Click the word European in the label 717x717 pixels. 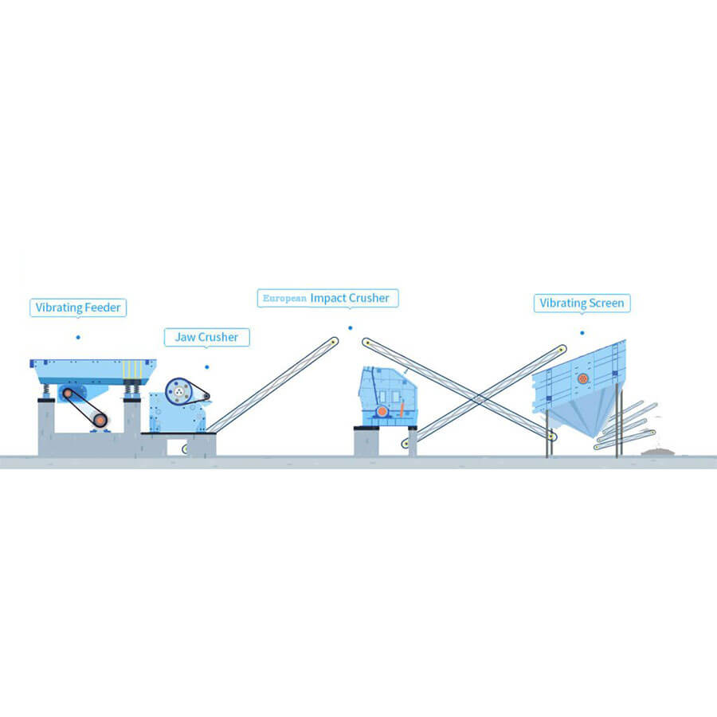pos(284,298)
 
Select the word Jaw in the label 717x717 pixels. pos(185,337)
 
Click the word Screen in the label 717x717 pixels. pos(606,303)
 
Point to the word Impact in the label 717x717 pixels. pos(328,298)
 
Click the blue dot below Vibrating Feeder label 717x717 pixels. pos(78,338)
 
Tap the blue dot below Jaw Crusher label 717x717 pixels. pos(207,367)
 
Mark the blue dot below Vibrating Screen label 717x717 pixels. pos(582,333)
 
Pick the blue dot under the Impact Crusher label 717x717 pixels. pos(351,328)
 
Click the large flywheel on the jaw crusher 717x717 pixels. pos(178,391)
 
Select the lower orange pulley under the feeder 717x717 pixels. pos(100,419)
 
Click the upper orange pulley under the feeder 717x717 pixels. pos(68,394)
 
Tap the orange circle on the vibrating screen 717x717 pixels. pos(583,378)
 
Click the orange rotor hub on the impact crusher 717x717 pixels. pos(382,412)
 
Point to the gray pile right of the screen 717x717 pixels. pos(658,453)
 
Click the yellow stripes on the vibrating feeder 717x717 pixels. pos(132,370)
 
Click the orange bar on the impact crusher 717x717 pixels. pos(402,409)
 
